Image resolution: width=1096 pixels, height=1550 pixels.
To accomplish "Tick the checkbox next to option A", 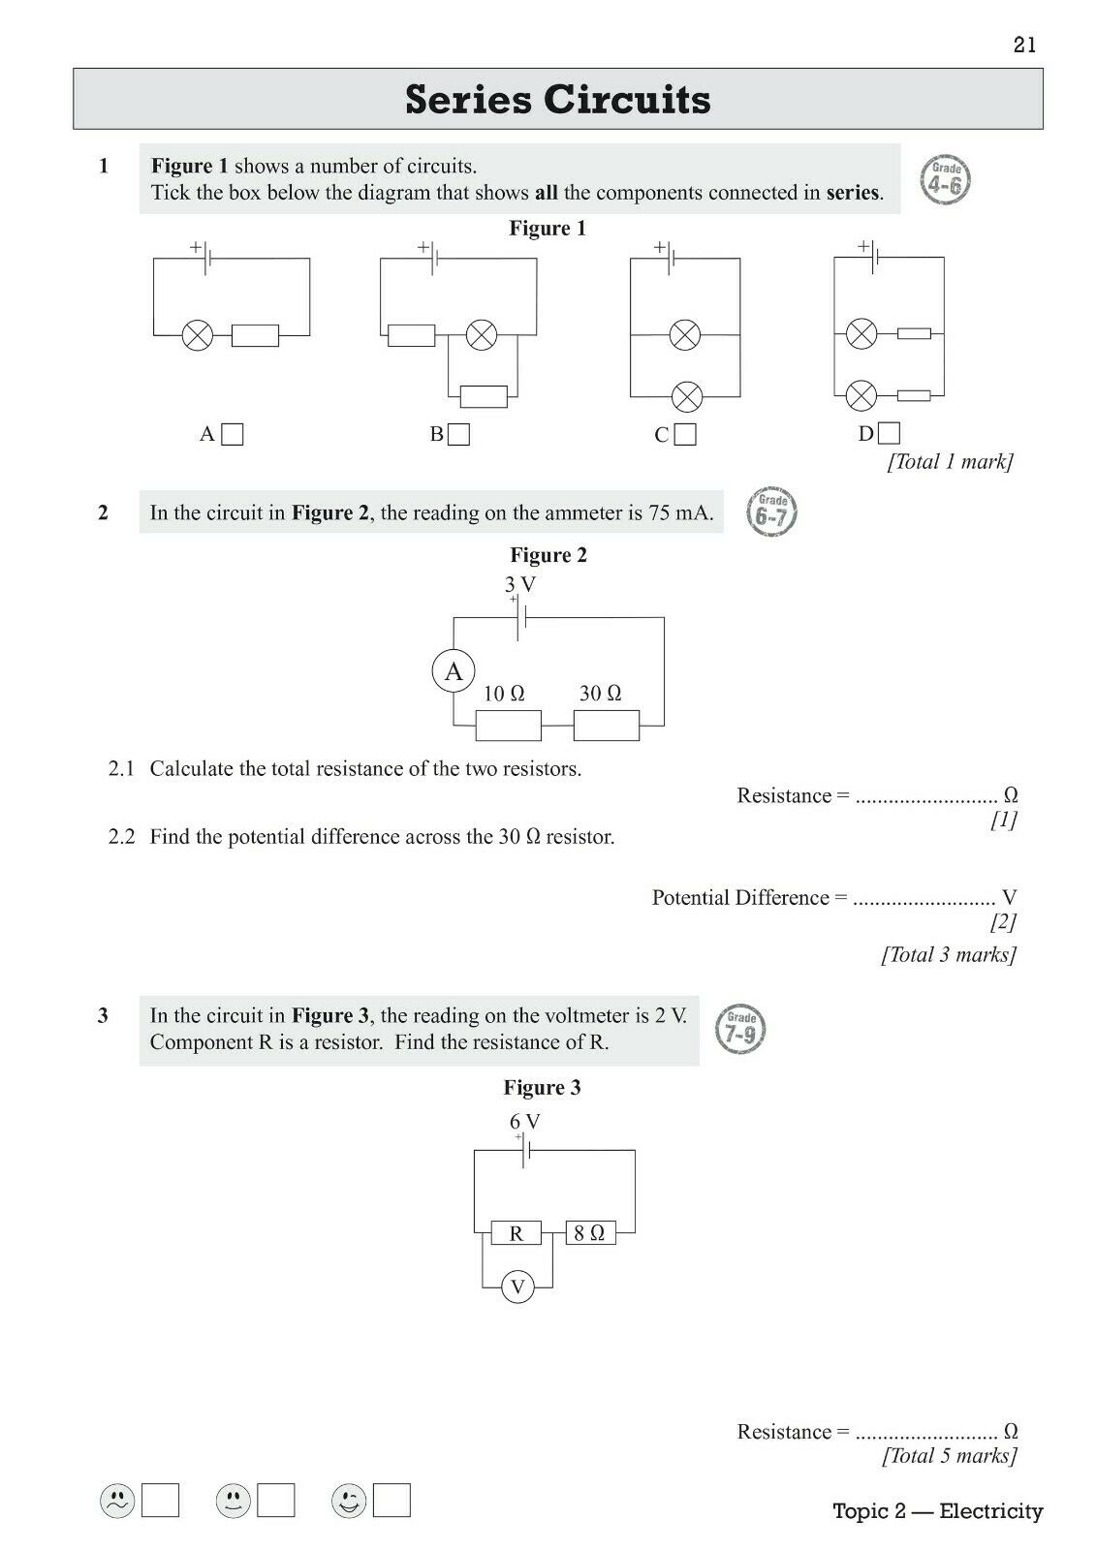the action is [x=232, y=435].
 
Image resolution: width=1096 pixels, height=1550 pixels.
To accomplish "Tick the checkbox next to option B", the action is [x=458, y=435].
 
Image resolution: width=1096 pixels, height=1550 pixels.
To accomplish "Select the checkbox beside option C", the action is [x=685, y=435].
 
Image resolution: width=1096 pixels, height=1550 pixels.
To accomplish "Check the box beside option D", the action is [x=889, y=433].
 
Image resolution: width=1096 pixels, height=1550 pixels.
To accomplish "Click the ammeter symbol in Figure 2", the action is [x=454, y=671].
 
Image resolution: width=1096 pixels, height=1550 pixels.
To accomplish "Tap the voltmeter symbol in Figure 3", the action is [x=517, y=1287].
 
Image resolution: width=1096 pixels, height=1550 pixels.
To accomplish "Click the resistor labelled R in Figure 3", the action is [x=516, y=1233].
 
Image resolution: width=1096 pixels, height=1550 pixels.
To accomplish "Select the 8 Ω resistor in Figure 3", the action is [x=590, y=1233].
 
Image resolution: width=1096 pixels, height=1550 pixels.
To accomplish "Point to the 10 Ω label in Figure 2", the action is [x=503, y=694].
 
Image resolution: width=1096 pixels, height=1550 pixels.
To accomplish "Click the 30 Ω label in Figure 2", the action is [x=600, y=694].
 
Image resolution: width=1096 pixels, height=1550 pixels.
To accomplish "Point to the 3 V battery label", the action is [x=520, y=585].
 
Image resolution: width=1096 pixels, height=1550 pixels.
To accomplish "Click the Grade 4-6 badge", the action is [x=945, y=180].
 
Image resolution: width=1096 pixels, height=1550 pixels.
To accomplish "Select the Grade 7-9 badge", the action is [x=740, y=1029].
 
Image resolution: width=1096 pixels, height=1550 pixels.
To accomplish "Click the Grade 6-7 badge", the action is [x=772, y=512].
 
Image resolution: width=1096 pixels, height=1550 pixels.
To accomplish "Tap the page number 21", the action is [x=1024, y=45].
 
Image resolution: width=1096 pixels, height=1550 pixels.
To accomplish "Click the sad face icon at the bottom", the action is [x=117, y=1502].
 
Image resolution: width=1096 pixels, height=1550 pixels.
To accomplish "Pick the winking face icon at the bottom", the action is [x=348, y=1502].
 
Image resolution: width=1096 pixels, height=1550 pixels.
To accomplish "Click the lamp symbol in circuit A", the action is [x=198, y=335].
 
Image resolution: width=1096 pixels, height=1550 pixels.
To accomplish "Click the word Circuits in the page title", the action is [x=627, y=99].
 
